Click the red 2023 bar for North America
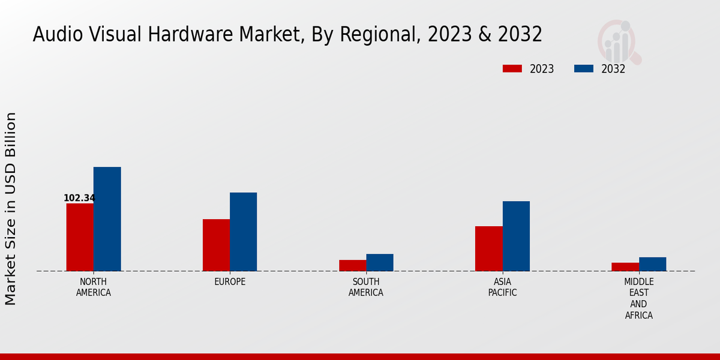click(x=80, y=237)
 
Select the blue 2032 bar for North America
click(x=107, y=219)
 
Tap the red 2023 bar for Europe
click(x=216, y=245)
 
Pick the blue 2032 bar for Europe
click(x=243, y=232)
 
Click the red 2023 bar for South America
click(x=352, y=265)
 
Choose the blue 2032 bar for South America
click(x=380, y=262)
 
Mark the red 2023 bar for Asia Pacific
click(x=488, y=248)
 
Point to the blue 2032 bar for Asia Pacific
click(x=516, y=236)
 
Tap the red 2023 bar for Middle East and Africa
click(x=625, y=267)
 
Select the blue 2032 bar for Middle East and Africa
click(x=652, y=264)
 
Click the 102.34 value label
click(x=79, y=198)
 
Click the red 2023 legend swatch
click(x=512, y=68)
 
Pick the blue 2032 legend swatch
click(x=583, y=68)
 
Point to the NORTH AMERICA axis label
click(x=93, y=287)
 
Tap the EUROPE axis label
click(x=230, y=282)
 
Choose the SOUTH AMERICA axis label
click(x=366, y=287)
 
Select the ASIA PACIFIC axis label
click(x=502, y=287)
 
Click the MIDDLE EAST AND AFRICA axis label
click(x=639, y=298)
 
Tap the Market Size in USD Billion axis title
click(x=11, y=208)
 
